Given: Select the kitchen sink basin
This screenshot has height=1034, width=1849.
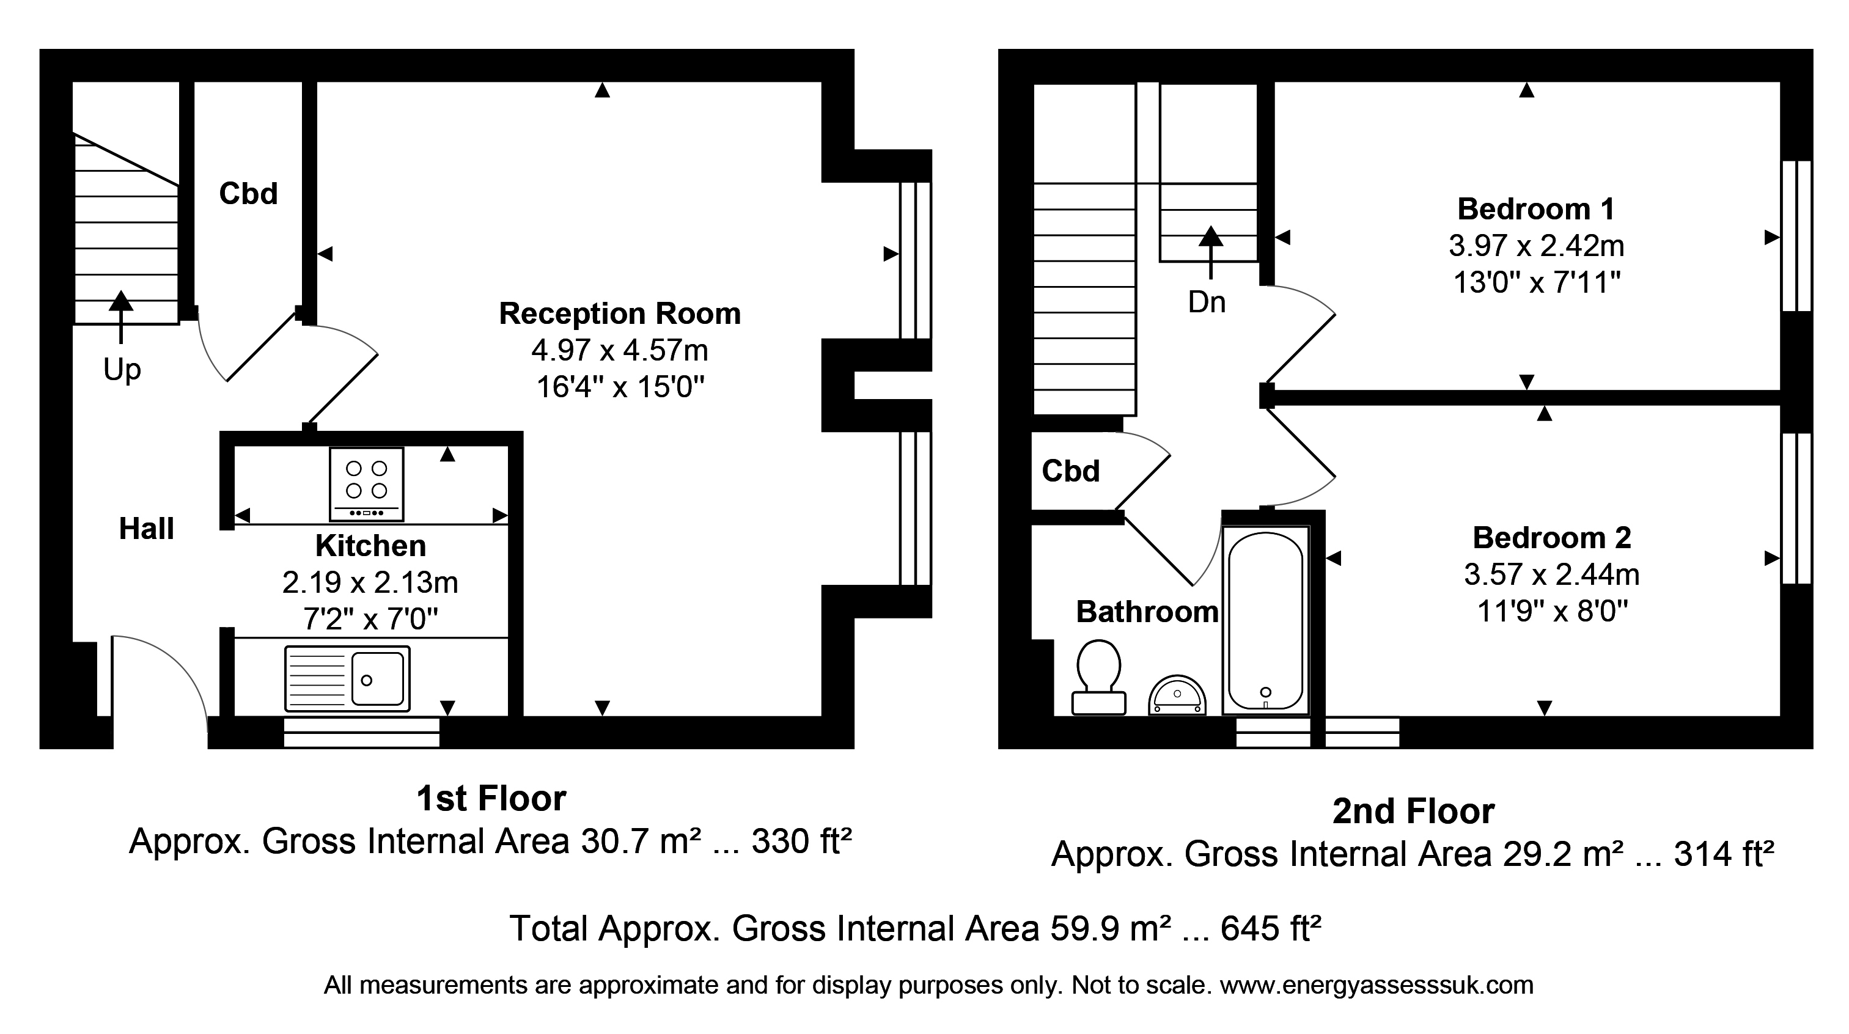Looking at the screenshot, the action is [378, 679].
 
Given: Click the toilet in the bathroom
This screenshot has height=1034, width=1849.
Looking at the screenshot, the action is [1098, 677].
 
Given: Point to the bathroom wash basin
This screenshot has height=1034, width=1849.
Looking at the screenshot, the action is [1177, 695].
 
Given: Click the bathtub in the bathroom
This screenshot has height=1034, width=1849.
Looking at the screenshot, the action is [1265, 621].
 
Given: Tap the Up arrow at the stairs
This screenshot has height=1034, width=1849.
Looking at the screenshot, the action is [120, 317].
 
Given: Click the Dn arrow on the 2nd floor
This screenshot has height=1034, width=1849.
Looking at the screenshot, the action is [1211, 252].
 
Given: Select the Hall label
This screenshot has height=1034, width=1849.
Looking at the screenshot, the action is [147, 529].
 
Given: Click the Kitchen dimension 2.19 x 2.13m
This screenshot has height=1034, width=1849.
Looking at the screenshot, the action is [370, 582].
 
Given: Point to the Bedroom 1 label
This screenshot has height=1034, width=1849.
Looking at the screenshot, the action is [1536, 209].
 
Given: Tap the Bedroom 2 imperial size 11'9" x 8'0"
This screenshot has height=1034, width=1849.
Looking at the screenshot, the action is [1552, 611].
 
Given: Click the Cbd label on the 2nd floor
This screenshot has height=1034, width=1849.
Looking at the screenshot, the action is [1071, 471].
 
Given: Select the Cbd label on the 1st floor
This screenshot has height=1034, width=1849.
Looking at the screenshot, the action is [248, 193].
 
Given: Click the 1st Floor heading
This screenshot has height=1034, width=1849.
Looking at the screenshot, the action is [491, 799].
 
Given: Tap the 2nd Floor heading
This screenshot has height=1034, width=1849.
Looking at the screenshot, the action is [1413, 812].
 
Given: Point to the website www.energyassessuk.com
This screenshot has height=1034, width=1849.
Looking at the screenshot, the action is [1377, 985].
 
